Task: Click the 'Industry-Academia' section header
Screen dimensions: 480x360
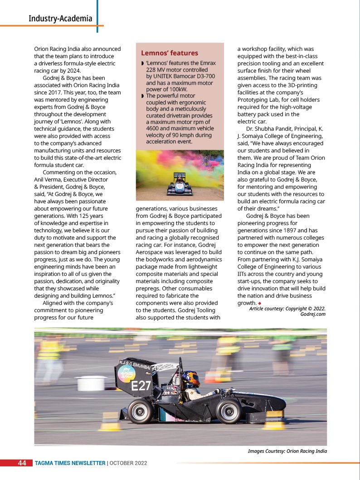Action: point(60,19)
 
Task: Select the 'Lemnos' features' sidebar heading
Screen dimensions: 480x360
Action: point(170,53)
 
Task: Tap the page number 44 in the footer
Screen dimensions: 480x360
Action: point(22,463)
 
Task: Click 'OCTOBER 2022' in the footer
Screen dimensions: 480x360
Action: point(128,463)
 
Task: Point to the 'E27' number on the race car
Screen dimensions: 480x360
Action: point(141,387)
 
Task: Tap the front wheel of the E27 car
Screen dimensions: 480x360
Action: point(229,411)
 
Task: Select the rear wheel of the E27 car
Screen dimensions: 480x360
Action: point(140,411)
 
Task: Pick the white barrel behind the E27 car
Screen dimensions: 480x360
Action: point(92,383)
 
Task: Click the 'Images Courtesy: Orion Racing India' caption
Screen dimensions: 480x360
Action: point(287,451)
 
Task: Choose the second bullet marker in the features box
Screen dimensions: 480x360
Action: point(142,96)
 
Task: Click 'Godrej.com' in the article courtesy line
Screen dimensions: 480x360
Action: point(313,314)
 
